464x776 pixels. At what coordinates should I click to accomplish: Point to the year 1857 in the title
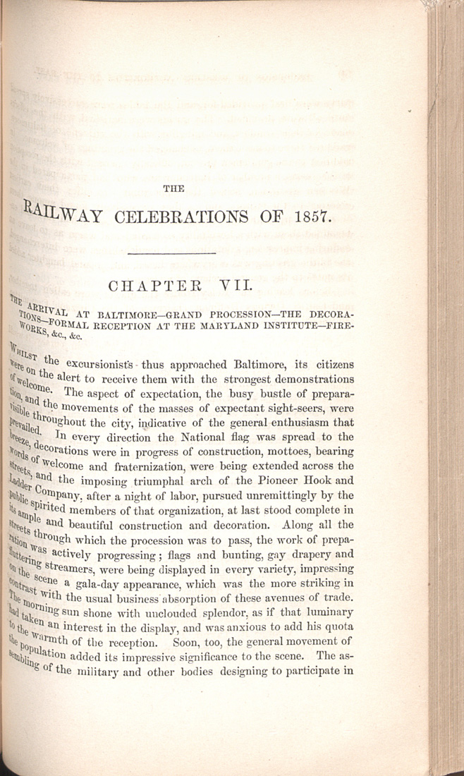pos(307,215)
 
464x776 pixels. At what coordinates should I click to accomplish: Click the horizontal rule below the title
pos(173,253)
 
